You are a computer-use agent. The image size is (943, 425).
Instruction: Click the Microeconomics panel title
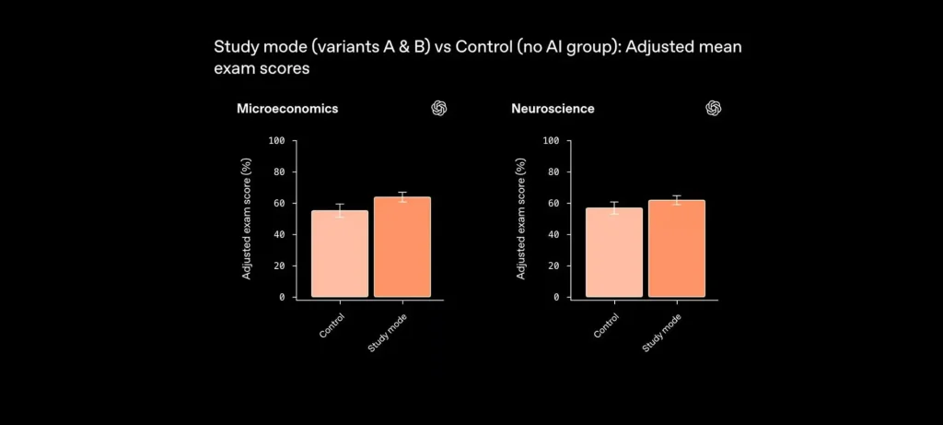[x=287, y=109]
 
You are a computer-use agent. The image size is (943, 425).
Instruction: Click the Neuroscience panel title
[x=553, y=109]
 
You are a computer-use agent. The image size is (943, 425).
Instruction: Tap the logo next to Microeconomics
[x=439, y=109]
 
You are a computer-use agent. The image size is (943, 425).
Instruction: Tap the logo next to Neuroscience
[x=713, y=109]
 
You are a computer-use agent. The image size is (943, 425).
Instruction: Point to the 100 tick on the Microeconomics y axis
[x=276, y=140]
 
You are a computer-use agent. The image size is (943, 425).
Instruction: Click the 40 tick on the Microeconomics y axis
[x=279, y=234]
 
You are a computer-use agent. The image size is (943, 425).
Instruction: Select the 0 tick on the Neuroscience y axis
[x=556, y=297]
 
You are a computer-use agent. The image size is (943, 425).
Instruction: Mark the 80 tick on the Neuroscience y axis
[x=553, y=171]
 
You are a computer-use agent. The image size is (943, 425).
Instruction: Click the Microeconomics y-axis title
[x=247, y=219]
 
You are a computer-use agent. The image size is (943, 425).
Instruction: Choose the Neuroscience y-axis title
[x=521, y=219]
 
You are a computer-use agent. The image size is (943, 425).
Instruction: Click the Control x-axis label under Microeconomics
[x=332, y=326]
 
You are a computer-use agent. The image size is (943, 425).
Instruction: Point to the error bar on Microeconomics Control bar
[x=340, y=210]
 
